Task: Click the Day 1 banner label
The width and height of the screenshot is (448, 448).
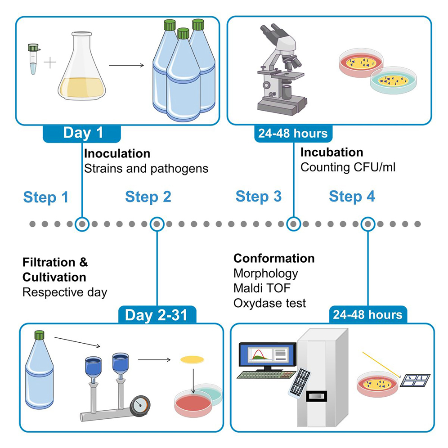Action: [x=82, y=133]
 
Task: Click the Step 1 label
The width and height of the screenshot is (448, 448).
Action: [x=45, y=197]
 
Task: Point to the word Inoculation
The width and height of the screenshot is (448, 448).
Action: [x=117, y=153]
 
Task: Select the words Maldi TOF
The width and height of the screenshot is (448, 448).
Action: [x=262, y=288]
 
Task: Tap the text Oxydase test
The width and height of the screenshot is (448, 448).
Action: [x=269, y=303]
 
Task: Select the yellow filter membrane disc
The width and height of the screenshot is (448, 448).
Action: [x=192, y=359]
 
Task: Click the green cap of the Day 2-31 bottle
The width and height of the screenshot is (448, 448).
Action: [x=40, y=335]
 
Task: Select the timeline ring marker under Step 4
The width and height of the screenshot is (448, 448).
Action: [x=368, y=224]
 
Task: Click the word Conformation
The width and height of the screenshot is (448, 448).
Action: [x=273, y=258]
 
